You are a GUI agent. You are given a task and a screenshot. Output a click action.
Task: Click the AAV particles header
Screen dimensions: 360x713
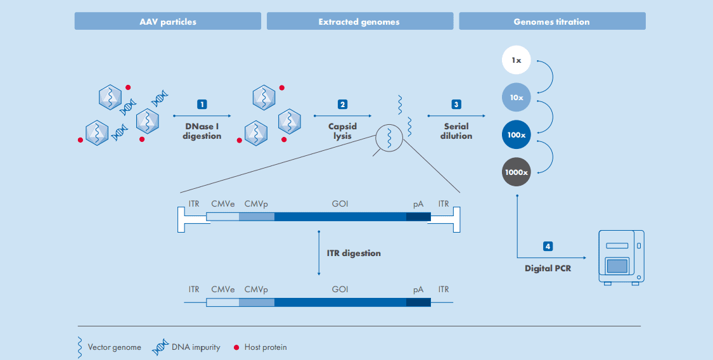[168, 22]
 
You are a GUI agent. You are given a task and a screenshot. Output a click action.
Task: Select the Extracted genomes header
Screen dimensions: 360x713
[359, 22]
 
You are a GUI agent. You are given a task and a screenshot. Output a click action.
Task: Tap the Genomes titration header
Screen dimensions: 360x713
[551, 22]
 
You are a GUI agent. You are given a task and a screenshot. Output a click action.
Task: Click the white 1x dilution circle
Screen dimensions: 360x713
[516, 60]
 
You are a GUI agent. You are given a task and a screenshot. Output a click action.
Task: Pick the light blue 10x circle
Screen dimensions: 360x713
[516, 98]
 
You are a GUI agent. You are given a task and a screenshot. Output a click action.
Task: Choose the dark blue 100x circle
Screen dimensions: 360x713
[516, 135]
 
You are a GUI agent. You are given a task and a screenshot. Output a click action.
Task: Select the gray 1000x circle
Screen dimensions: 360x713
[516, 172]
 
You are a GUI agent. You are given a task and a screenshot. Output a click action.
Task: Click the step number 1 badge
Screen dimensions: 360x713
[202, 104]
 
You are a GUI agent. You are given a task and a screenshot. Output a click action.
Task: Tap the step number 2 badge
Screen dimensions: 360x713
[343, 104]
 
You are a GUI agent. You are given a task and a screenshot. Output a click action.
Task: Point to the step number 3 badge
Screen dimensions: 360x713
[456, 104]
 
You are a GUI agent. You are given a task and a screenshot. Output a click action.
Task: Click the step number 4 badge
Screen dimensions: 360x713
[548, 247]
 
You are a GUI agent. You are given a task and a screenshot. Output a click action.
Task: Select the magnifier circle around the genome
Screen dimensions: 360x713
[389, 137]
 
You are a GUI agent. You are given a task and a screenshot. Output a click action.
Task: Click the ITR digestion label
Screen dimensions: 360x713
[354, 253]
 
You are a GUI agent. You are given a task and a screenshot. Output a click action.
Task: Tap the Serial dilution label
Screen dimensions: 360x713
[456, 131]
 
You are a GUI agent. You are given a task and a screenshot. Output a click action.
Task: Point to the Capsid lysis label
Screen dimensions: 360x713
[343, 131]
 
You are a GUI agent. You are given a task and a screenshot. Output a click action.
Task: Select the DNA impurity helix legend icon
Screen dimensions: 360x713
[160, 347]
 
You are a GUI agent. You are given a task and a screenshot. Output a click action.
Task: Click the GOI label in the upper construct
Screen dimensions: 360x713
[340, 204]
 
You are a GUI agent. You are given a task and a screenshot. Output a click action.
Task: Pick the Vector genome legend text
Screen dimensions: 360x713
[114, 347]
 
